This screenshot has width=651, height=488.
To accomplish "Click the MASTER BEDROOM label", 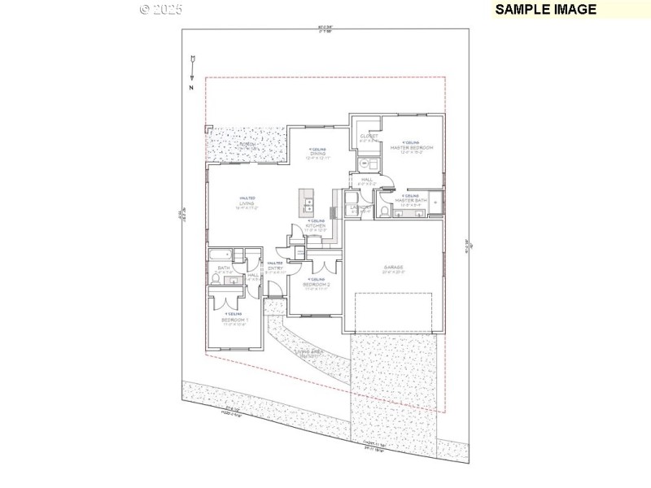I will [411, 147].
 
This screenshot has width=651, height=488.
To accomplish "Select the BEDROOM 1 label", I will [235, 320].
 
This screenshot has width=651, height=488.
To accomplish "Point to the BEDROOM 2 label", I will [316, 285].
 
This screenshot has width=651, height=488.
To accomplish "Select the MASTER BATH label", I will [411, 200].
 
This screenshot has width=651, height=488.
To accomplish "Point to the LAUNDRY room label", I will [360, 208].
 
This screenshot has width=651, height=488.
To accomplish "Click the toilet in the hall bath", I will [214, 278].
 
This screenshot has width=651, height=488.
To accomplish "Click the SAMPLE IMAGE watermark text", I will [546, 9].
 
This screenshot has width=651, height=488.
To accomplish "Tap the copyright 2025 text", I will [161, 9].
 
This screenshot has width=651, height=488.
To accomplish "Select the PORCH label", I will [247, 145].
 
